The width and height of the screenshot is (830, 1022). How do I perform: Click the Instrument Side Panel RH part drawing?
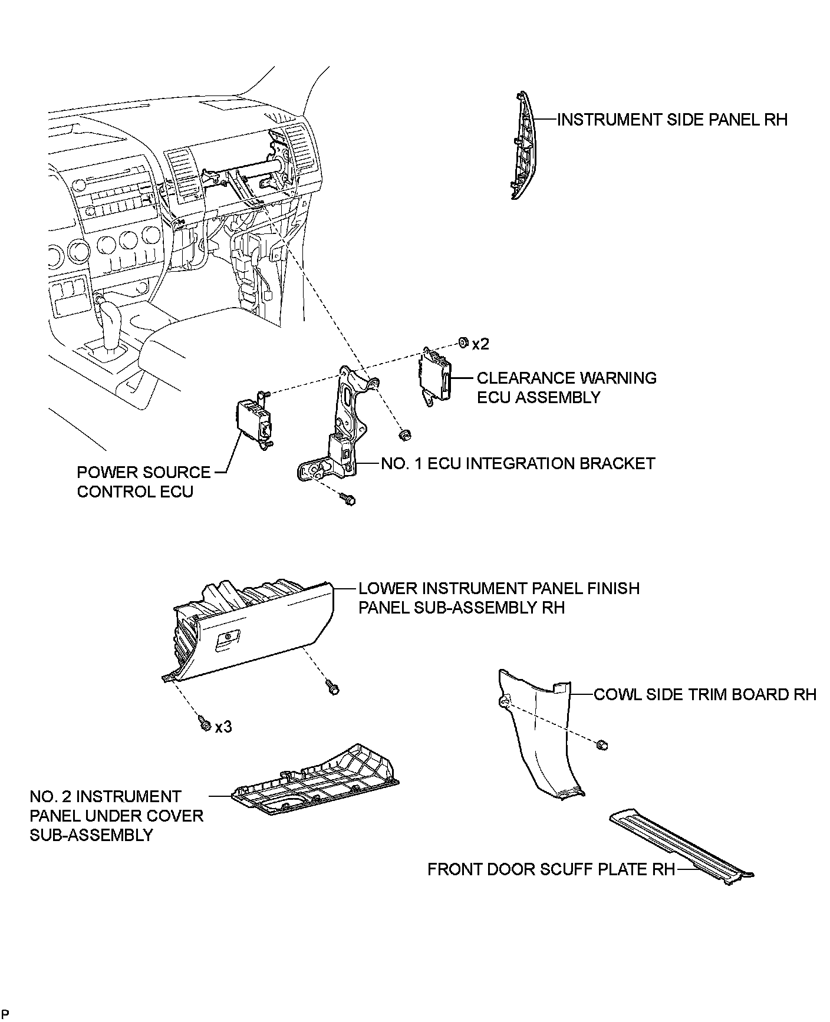point(521,147)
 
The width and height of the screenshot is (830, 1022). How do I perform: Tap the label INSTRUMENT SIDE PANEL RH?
point(671,120)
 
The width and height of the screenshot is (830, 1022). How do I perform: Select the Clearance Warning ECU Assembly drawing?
point(435,375)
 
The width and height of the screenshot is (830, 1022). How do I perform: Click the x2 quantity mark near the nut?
point(480,344)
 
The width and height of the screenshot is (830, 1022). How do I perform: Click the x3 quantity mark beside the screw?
point(223,727)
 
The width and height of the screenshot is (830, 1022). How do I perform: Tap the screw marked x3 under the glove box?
point(205,724)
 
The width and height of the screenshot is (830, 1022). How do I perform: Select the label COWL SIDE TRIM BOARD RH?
point(704,694)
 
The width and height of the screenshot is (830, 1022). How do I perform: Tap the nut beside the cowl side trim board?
point(602,746)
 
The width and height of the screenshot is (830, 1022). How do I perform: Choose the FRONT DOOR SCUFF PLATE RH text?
point(551,869)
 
